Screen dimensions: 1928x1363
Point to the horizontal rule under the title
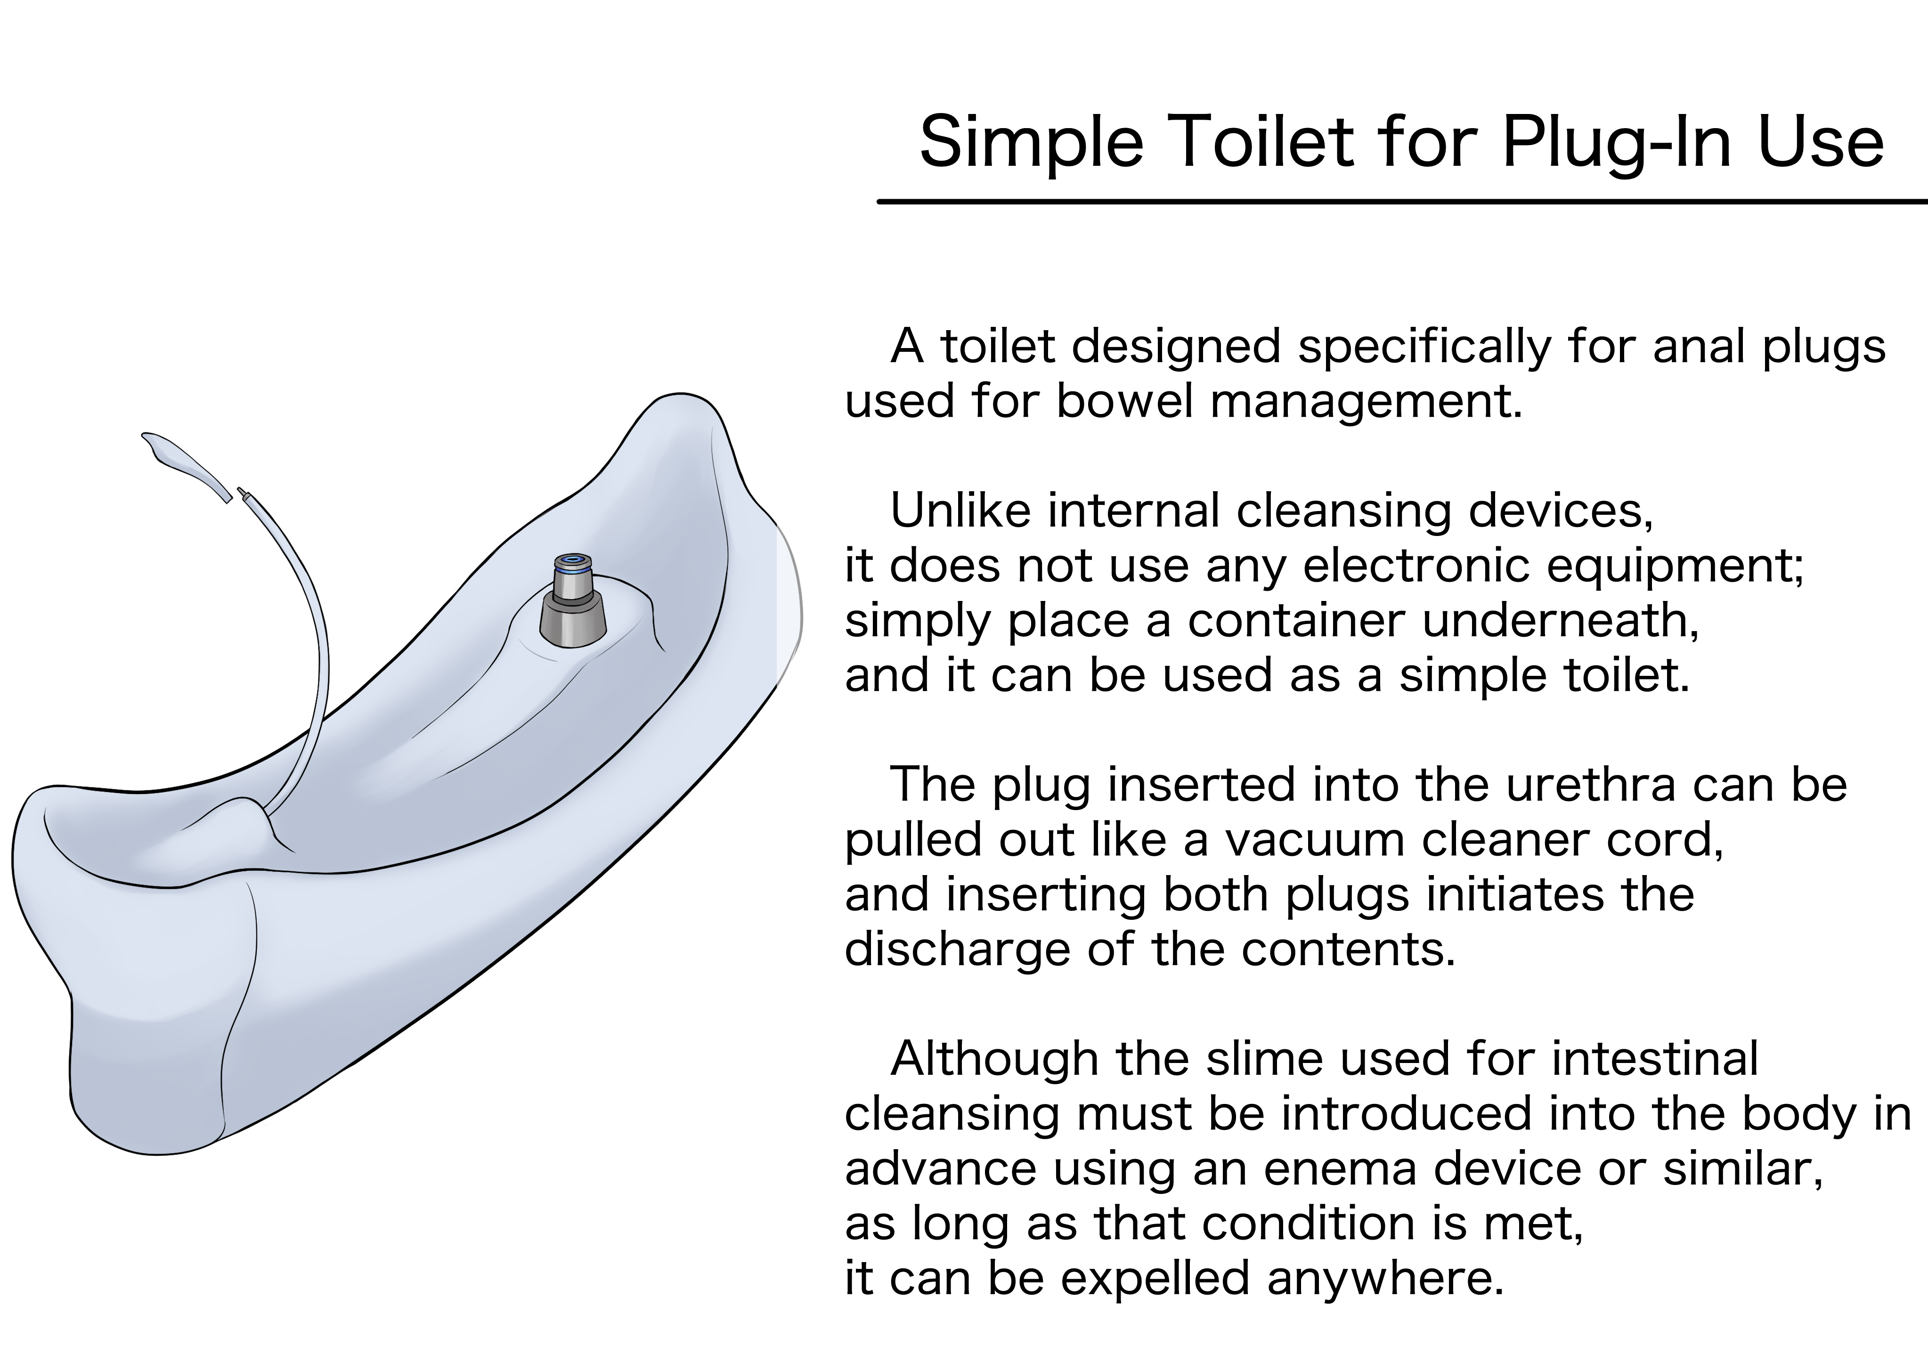[1402, 202]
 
